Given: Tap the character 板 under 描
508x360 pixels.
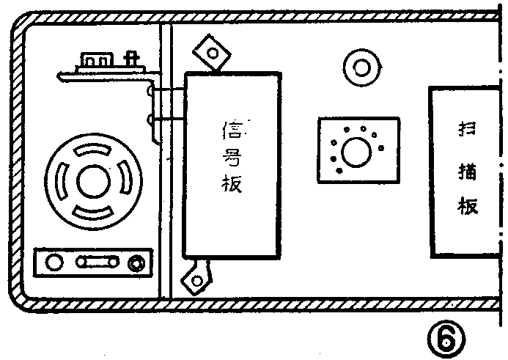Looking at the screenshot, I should (468, 206).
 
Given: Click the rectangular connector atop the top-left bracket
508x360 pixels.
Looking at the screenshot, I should (95, 59).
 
